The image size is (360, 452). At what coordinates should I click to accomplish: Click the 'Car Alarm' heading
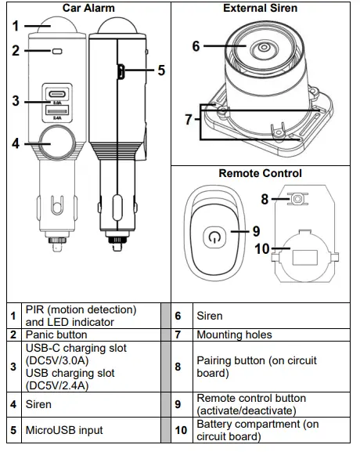pos(88,9)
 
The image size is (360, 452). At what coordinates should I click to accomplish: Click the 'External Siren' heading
pos(260,9)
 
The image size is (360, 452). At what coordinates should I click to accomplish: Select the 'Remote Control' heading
pos(260,173)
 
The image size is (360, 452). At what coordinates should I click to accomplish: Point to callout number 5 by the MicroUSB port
pos(160,71)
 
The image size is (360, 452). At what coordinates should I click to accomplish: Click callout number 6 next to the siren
pos(196,46)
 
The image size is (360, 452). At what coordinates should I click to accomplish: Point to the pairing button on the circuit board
pos(297,200)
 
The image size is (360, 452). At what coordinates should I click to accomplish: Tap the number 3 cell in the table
pos(13,367)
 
